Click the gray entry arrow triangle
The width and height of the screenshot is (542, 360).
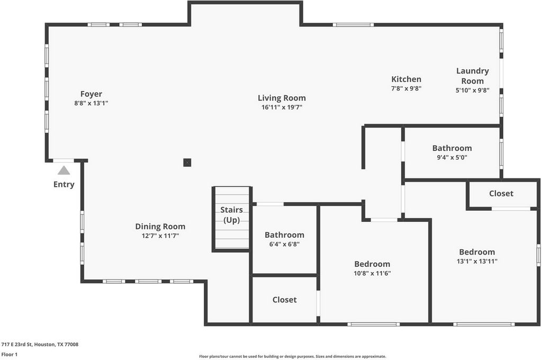[64, 170]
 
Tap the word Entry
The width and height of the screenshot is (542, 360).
[64, 184]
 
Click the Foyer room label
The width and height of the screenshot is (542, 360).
[91, 94]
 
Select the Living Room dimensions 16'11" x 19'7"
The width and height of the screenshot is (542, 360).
[282, 107]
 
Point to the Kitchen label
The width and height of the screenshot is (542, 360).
[406, 79]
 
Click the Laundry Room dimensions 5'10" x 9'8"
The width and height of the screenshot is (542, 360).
[473, 90]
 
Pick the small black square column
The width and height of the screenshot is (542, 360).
[187, 162]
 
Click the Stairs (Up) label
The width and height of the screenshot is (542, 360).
[232, 215]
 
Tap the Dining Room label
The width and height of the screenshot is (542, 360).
[160, 227]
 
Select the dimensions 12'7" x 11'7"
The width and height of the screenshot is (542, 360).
[160, 236]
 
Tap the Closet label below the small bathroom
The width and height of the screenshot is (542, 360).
[284, 300]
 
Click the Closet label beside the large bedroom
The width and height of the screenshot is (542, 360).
[501, 193]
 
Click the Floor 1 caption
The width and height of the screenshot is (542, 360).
[10, 355]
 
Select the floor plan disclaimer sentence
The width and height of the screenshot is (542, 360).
[292, 356]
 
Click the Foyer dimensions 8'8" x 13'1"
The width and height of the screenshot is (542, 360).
[91, 103]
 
